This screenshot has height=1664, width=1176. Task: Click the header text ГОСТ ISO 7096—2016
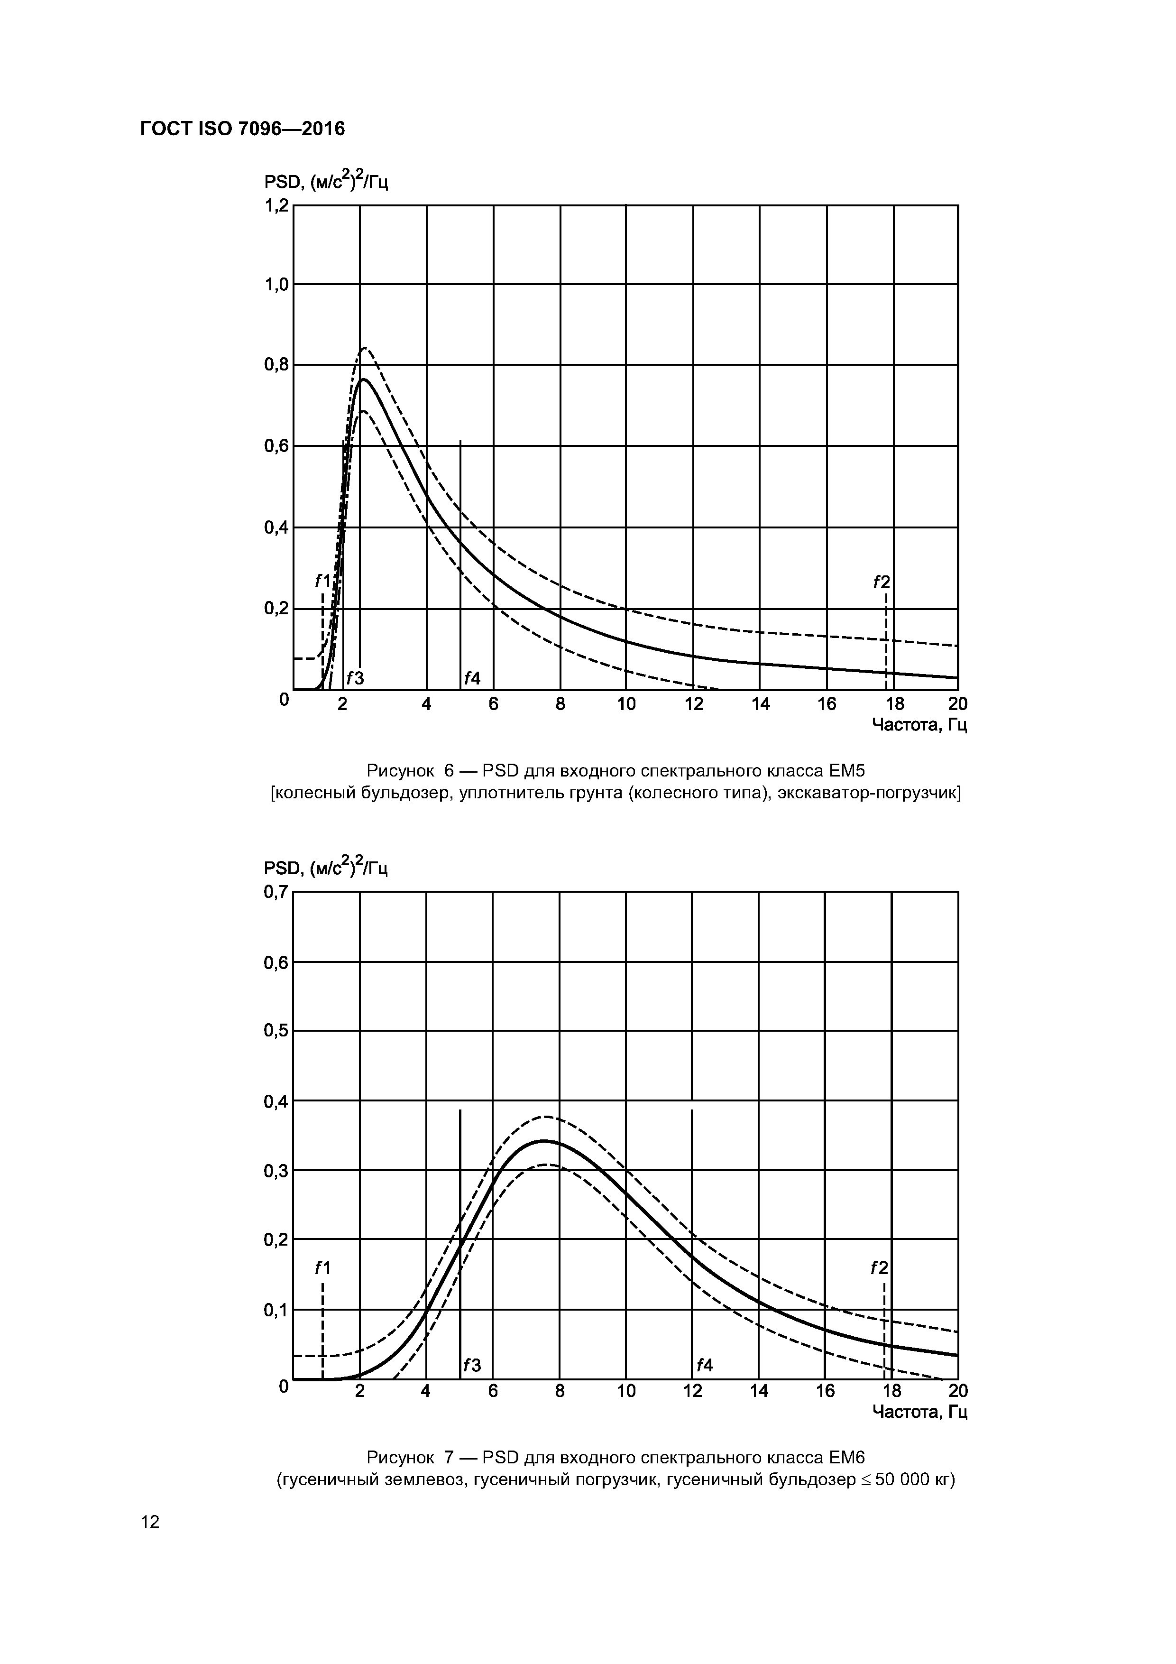click(242, 129)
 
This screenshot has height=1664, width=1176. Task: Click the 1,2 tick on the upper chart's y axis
click(276, 206)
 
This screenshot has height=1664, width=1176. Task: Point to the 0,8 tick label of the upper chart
click(276, 365)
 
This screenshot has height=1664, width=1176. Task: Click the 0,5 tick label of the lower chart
click(276, 1031)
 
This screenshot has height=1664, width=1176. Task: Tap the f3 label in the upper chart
click(354, 678)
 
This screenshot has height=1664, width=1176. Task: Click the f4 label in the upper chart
click(472, 678)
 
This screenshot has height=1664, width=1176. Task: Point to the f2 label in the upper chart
click(881, 582)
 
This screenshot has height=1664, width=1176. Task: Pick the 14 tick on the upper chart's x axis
click(760, 704)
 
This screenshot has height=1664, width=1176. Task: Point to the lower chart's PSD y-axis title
click(326, 868)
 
